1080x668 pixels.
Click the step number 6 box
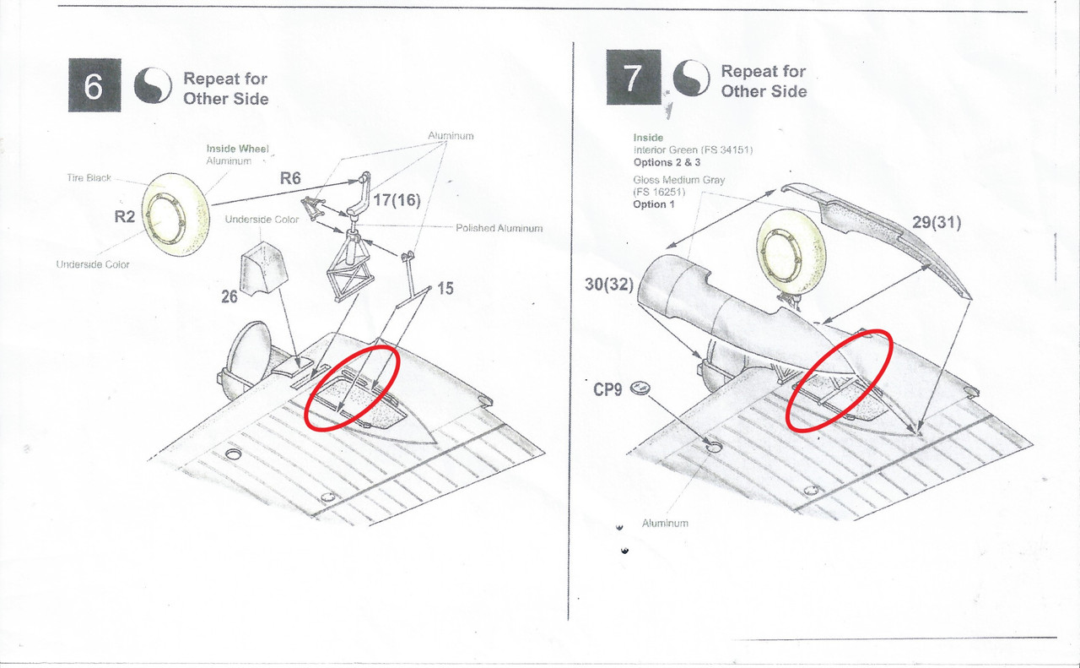pos(94,85)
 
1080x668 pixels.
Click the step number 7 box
pos(634,77)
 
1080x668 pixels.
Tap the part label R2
pos(124,217)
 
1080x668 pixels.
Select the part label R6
pos(290,178)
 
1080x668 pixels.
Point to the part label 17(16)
pos(397,200)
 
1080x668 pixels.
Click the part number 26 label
pos(229,296)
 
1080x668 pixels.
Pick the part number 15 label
pos(445,288)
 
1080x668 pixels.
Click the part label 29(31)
pos(937,222)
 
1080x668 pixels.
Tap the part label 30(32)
pos(609,285)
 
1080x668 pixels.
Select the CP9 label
pos(607,389)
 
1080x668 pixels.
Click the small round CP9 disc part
pos(640,388)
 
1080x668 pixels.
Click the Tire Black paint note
pos(89,178)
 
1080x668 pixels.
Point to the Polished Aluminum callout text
pos(499,228)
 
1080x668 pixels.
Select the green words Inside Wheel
pos(238,149)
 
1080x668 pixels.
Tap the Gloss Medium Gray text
pos(679,180)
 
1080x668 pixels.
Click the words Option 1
pos(654,204)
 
